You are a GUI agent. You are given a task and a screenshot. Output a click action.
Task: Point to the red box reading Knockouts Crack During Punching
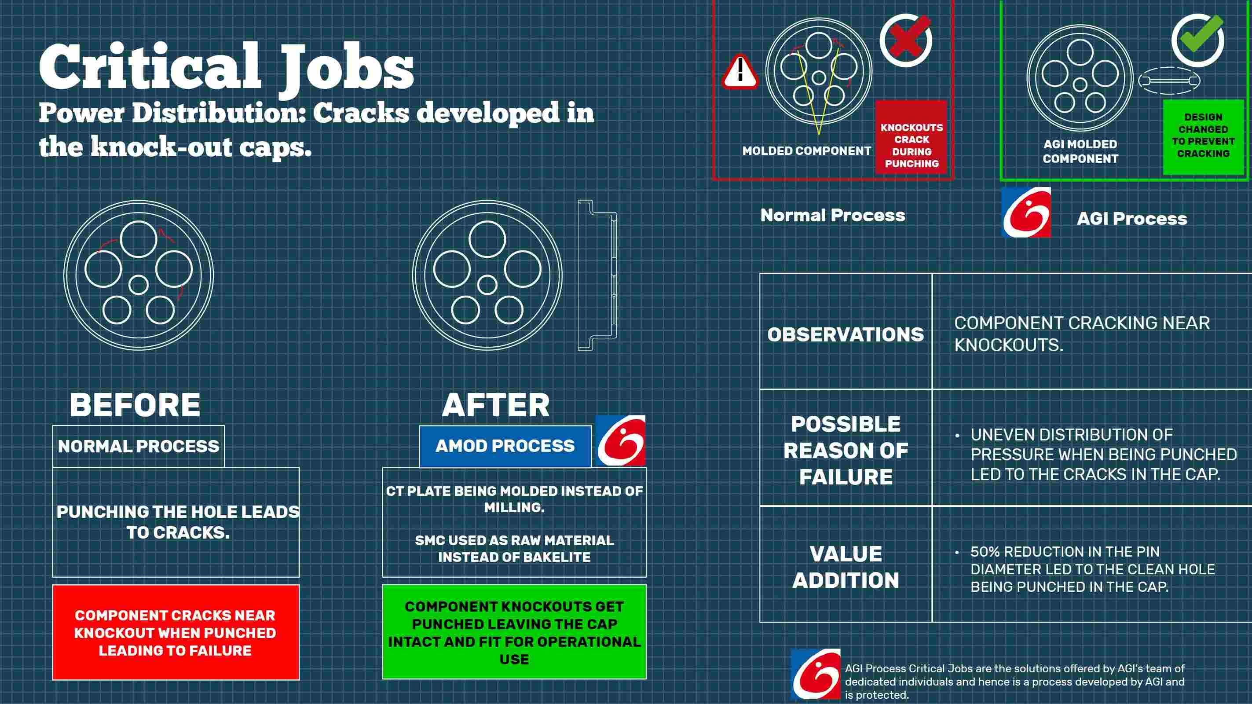912,137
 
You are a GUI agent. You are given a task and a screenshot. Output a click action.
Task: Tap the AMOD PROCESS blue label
505,446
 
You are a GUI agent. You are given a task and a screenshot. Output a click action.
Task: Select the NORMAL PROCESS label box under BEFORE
139,446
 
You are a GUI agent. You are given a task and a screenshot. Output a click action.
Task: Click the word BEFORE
135,405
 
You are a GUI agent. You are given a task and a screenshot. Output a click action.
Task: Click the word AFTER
496,405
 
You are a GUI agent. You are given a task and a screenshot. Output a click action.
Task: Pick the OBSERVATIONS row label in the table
846,334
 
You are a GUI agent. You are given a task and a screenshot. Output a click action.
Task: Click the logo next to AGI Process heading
1026,213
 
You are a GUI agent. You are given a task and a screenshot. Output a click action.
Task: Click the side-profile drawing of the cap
597,275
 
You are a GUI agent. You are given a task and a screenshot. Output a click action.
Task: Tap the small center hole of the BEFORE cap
139,285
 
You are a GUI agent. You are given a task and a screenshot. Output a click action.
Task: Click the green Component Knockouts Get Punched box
514,632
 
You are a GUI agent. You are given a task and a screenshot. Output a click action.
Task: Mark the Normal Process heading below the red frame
833,216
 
